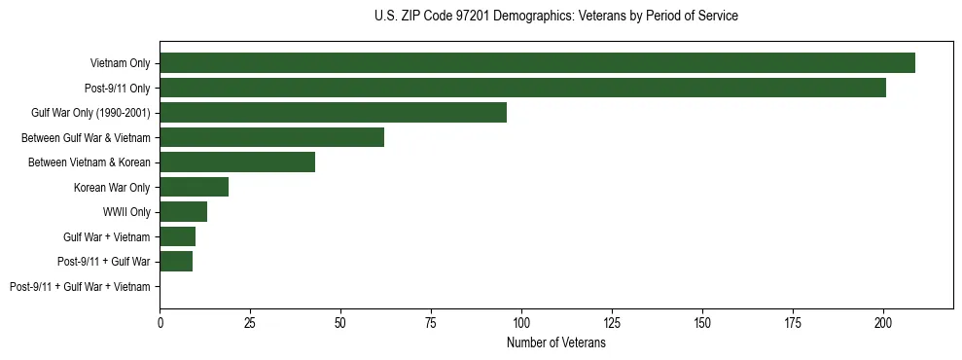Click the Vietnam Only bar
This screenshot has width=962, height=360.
tap(537, 63)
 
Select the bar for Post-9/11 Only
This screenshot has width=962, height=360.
tap(522, 88)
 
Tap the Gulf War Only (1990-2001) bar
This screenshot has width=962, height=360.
tap(333, 113)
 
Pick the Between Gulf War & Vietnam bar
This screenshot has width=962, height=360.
tap(271, 137)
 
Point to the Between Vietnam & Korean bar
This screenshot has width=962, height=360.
tap(237, 162)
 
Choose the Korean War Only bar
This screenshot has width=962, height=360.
tap(194, 187)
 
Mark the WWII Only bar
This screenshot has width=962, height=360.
tap(183, 212)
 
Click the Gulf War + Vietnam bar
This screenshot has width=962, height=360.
tap(177, 236)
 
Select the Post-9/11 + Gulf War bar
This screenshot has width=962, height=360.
tap(175, 262)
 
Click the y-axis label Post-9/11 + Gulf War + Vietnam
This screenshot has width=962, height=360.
tap(80, 287)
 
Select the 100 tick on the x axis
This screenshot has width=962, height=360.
tap(521, 320)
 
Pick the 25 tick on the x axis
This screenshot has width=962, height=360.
tap(250, 320)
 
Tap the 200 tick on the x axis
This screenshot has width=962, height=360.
tap(883, 320)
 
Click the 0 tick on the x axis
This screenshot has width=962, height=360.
tap(160, 320)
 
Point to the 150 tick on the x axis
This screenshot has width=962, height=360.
tap(702, 320)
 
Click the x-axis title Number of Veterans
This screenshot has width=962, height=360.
tap(556, 342)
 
